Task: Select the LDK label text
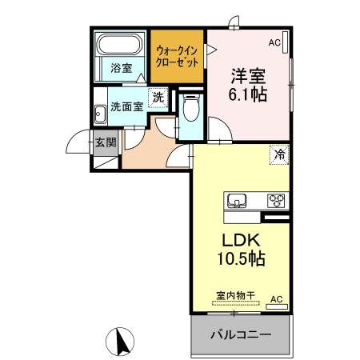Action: coord(239,241)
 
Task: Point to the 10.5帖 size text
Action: coord(239,260)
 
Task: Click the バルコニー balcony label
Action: coord(241,334)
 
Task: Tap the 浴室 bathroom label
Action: coord(121,69)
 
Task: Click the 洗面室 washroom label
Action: coord(126,105)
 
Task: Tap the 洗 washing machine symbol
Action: coord(158,98)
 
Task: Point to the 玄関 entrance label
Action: coord(106,144)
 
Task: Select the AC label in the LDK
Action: coord(276,300)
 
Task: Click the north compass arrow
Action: coord(123,342)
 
